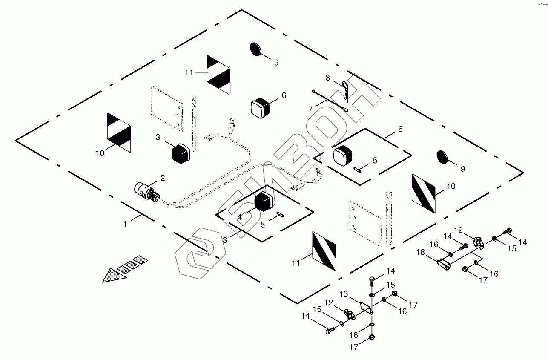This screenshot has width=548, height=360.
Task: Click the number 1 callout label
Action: coord(125,224)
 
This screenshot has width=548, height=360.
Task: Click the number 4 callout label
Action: coord(240,217)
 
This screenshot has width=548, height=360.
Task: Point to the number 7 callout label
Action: coord(311,109)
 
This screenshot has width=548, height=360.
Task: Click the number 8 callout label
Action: coord(327,78)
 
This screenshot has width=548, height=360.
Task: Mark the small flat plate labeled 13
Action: coord(364,307)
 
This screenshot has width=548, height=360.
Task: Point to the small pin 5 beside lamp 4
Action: coord(280,214)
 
